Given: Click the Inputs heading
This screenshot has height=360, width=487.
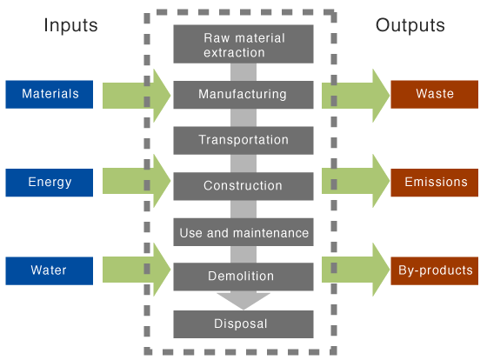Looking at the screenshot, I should coord(71,25).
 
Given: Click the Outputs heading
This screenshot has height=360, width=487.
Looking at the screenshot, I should coord(410,25).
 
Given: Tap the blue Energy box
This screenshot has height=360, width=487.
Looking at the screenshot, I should coord(50,183).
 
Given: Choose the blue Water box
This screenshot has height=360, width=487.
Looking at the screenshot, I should coord(49,270).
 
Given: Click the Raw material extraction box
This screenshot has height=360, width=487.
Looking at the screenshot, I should coord(243,45).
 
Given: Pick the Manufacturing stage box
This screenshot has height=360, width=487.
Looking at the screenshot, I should coord(243,94).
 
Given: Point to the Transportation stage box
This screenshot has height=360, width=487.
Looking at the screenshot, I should coord(243,140).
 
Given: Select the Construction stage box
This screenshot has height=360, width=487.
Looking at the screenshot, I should coord(243,185).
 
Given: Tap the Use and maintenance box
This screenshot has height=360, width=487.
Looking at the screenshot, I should coord(243,232).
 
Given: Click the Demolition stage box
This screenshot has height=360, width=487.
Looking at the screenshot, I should coord(243,277).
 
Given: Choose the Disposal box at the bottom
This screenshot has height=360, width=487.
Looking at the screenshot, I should coord(243,324).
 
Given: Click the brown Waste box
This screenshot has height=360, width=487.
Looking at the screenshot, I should coord(435,94).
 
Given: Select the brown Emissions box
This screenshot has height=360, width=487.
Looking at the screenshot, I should coord(435,183).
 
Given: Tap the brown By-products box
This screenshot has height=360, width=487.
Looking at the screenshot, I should coord(435,270).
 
